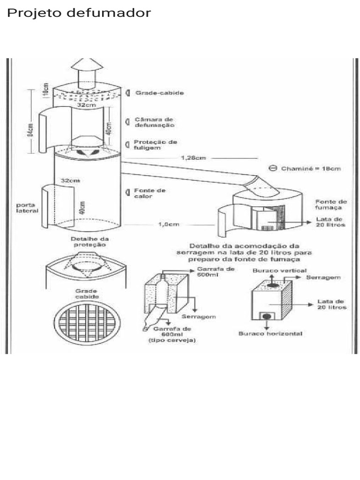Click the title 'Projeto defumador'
(x=79, y=13)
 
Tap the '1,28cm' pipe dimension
(x=193, y=158)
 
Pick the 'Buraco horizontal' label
(x=270, y=334)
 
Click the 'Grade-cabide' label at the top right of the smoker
(x=160, y=93)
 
